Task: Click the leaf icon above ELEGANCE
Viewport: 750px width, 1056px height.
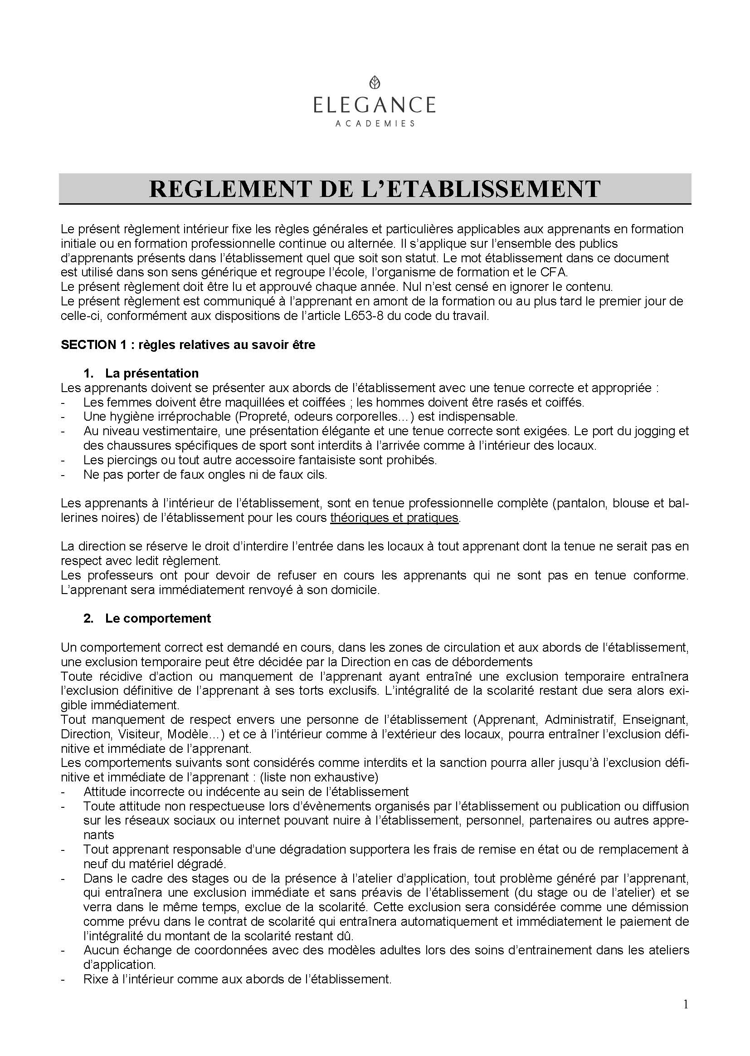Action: coord(375,83)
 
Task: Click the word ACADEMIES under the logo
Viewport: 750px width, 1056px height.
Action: coord(375,123)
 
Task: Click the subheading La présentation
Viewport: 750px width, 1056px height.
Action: coord(152,373)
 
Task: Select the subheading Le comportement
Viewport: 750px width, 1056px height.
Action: coord(158,619)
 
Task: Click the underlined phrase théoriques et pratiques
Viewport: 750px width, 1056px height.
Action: coord(394,518)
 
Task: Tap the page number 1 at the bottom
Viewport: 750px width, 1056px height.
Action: coord(685,1004)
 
